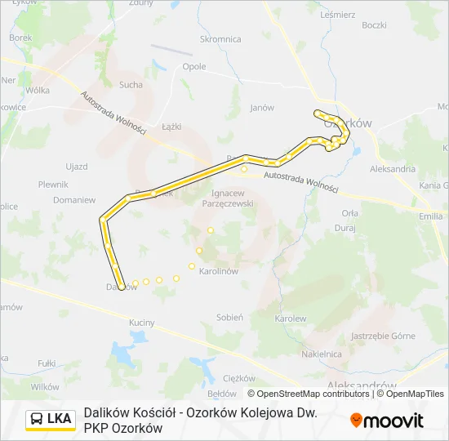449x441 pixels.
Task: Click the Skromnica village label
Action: click(220, 38)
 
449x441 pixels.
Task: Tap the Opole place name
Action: click(194, 67)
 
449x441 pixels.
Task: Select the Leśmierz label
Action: click(338, 15)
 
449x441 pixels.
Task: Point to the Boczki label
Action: click(374, 25)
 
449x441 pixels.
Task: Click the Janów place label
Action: click(261, 107)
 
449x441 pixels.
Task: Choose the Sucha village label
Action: click(131, 84)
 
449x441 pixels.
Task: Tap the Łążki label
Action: click(171, 127)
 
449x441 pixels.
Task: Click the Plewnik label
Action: click(53, 185)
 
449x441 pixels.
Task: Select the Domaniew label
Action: click(74, 199)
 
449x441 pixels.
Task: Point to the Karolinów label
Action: click(218, 270)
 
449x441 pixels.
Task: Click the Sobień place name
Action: click(230, 317)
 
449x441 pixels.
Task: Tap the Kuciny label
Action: click(141, 323)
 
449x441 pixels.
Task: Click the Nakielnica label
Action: click(321, 354)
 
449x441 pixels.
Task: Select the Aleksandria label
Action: click(393, 168)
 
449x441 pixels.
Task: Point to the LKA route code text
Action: click(59, 420)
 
